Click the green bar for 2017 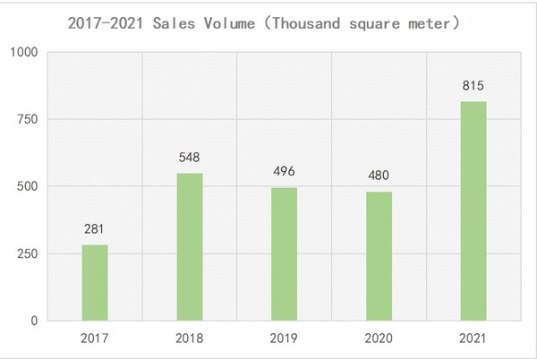(x=95, y=282)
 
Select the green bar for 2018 (x=190, y=246)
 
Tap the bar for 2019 (x=284, y=253)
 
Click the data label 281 (x=95, y=229)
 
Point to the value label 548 (x=190, y=157)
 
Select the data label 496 (x=284, y=171)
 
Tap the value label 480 (x=379, y=176)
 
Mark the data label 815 (x=473, y=85)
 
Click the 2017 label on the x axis (x=95, y=339)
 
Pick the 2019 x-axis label (x=284, y=339)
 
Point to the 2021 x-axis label (x=473, y=339)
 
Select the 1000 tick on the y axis (x=23, y=53)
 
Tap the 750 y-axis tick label (x=27, y=119)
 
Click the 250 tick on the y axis (x=27, y=253)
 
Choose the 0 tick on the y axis (x=34, y=321)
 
